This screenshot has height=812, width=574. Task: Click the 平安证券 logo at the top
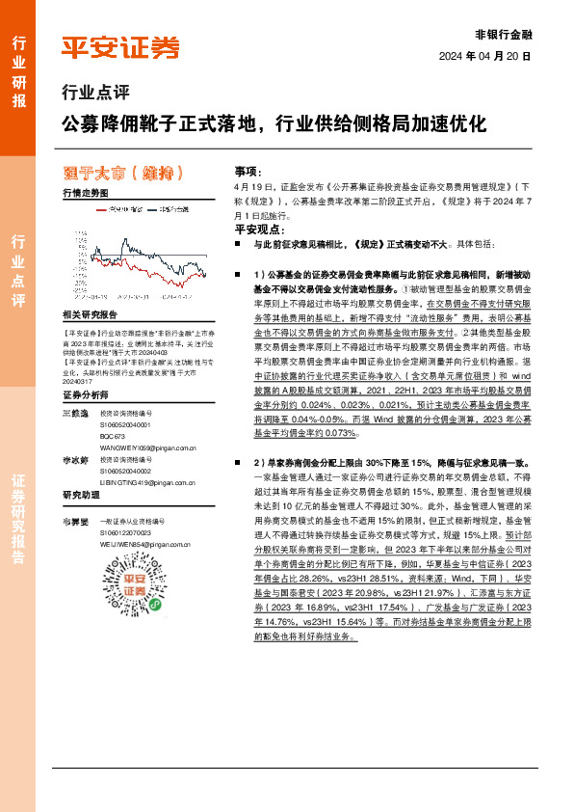click(120, 46)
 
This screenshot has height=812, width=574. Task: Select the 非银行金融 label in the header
click(504, 33)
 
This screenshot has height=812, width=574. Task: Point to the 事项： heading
click(248, 169)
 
